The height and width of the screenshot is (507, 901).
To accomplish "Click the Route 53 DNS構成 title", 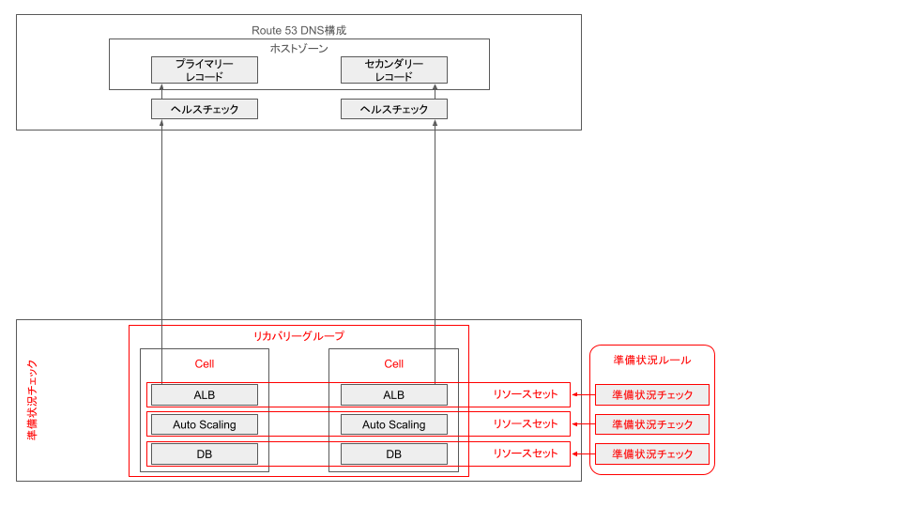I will click(298, 30).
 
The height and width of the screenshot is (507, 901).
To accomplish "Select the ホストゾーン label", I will click(298, 48).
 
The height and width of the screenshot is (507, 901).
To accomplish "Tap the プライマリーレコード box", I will click(205, 69).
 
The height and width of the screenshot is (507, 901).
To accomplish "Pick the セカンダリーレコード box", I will click(393, 69).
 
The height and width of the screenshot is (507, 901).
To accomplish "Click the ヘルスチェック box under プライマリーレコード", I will click(205, 109).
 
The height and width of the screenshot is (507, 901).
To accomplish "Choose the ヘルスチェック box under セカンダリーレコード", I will click(393, 109).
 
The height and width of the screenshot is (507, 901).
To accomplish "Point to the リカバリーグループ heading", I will click(298, 336).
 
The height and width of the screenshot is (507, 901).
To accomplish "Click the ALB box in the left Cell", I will click(205, 394).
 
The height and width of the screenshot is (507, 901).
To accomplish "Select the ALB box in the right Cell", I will click(393, 394).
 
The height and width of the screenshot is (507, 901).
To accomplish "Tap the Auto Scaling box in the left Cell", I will click(205, 424).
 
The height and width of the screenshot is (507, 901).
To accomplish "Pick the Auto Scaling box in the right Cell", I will click(393, 424).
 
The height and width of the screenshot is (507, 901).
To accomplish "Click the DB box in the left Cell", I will click(205, 454).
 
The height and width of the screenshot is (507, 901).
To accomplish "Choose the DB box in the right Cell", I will click(393, 454).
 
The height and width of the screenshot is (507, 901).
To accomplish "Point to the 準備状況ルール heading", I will click(651, 360).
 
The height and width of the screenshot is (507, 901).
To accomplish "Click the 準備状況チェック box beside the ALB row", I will click(651, 394).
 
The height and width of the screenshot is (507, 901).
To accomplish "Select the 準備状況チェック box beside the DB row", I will click(651, 454).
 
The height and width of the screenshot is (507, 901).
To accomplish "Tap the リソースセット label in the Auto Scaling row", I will click(526, 424).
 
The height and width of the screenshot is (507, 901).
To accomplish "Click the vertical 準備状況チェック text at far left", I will click(32, 400).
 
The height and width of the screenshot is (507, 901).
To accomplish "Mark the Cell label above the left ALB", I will click(205, 364).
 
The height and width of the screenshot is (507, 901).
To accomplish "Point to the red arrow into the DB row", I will click(583, 454).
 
